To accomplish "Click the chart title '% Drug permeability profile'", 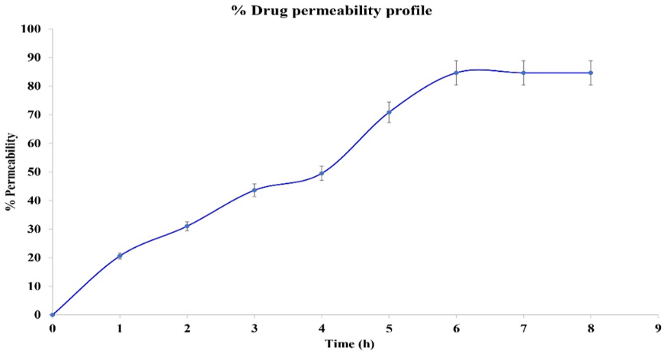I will [x=335, y=11].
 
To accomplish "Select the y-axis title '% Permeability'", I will [x=11, y=172].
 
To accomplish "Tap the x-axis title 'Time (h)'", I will [x=350, y=344].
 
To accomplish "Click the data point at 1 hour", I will [x=120, y=256].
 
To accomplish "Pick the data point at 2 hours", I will [x=187, y=226].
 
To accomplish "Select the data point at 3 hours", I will [x=255, y=190].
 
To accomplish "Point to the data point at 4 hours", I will [x=322, y=173].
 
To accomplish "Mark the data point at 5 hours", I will [x=389, y=112].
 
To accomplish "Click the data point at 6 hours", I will [x=456, y=73].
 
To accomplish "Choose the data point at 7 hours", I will [x=524, y=73].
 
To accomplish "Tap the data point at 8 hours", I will [x=591, y=73].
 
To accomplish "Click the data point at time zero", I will [x=52, y=314].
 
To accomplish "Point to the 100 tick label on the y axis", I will [x=33, y=29].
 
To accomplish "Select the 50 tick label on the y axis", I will [x=35, y=172].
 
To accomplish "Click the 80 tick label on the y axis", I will [x=35, y=86].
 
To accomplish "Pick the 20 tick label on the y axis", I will [x=35, y=258].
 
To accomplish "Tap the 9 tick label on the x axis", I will [x=658, y=328].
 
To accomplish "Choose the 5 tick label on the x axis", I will [x=389, y=328].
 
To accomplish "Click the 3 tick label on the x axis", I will [x=255, y=328].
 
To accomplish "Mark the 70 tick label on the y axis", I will [x=35, y=114].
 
